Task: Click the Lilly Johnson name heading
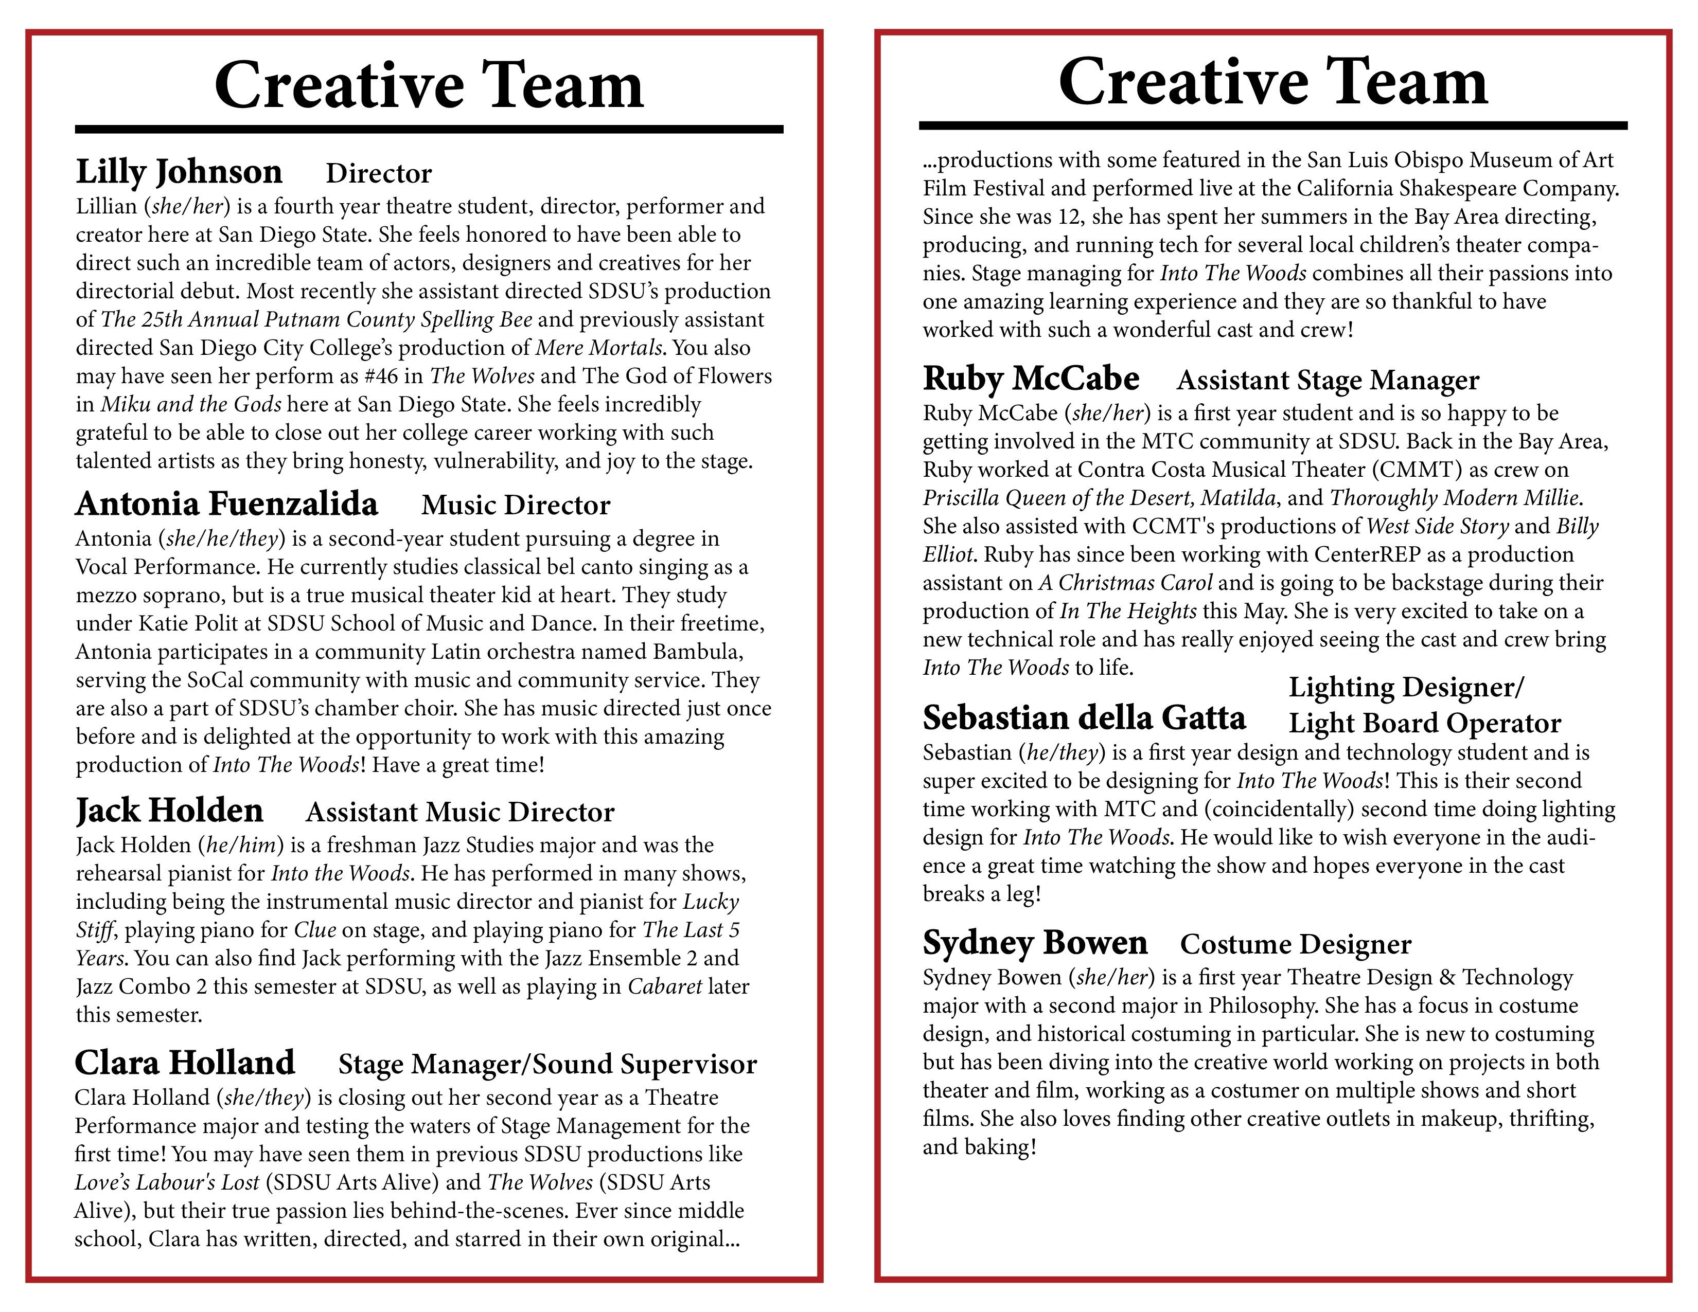coord(179,172)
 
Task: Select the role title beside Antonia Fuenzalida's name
coord(516,505)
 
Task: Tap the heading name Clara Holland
coord(185,1063)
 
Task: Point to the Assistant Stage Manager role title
coord(1328,380)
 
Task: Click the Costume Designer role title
coord(1295,944)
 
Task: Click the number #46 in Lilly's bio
coord(381,376)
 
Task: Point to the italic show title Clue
coord(315,929)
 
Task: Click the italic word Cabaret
coord(665,986)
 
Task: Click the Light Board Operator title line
coord(1424,723)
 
